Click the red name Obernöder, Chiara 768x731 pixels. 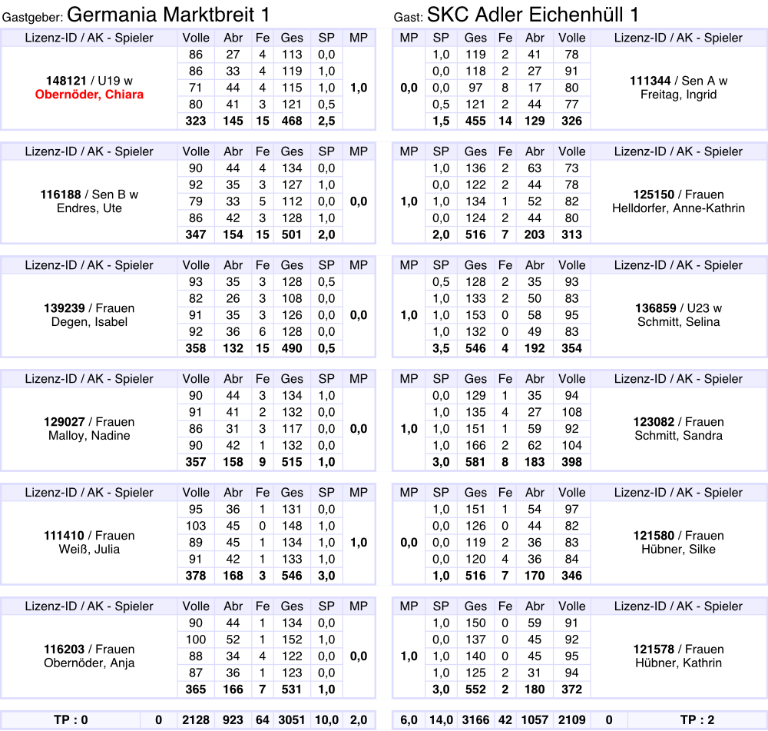pyautogui.click(x=89, y=95)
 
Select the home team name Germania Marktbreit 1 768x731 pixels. pyautogui.click(x=168, y=15)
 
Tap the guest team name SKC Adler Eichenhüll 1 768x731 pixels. pyautogui.click(x=533, y=15)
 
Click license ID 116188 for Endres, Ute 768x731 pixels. pyautogui.click(x=61, y=194)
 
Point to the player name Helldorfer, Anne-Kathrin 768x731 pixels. pyautogui.click(x=678, y=208)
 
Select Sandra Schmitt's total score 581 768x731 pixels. pyautogui.click(x=475, y=462)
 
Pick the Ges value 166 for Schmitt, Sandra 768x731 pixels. pyautogui.click(x=475, y=445)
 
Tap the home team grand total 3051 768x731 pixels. pyautogui.click(x=292, y=720)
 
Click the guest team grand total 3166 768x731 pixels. pyautogui.click(x=475, y=720)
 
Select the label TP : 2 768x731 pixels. pyautogui.click(x=697, y=720)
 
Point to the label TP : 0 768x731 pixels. pyautogui.click(x=71, y=720)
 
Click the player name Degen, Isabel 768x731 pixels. pyautogui.click(x=89, y=322)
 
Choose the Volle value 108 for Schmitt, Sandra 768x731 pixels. pyautogui.click(x=571, y=412)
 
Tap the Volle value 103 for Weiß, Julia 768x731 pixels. pyautogui.click(x=197, y=526)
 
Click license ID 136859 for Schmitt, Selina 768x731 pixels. pyautogui.click(x=655, y=308)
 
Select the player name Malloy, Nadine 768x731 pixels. pyautogui.click(x=89, y=436)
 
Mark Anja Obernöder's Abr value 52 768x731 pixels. pyautogui.click(x=233, y=640)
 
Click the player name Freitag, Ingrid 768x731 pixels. pyautogui.click(x=678, y=95)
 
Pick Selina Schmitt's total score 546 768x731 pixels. pyautogui.click(x=475, y=348)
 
